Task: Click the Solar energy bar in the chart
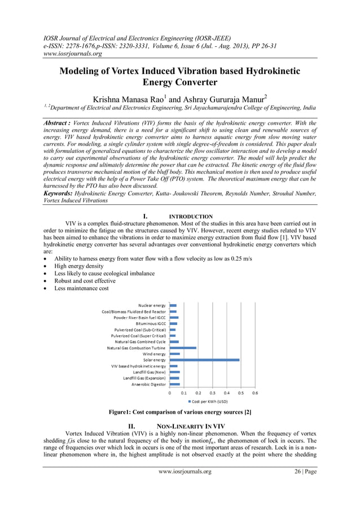point(204,359)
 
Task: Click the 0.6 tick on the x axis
point(255,393)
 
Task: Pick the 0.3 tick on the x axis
point(212,393)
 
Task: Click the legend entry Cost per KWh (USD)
point(209,401)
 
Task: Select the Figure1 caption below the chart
point(179,413)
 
